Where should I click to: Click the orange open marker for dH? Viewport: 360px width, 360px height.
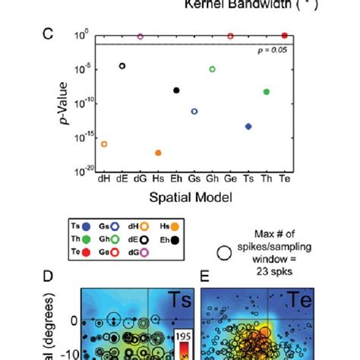[x=104, y=144]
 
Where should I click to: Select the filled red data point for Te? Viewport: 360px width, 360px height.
[x=284, y=36]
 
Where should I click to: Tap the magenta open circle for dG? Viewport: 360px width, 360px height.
[x=140, y=36]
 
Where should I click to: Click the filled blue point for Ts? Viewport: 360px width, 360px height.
[x=248, y=126]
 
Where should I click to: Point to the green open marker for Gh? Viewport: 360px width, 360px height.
[x=212, y=69]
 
